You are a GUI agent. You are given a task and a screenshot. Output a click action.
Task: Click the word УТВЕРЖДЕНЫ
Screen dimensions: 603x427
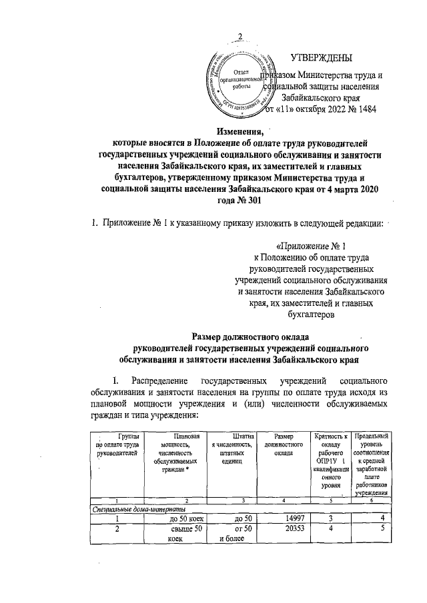pos(325,59)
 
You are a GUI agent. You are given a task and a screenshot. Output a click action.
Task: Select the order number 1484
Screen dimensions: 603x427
pos(365,110)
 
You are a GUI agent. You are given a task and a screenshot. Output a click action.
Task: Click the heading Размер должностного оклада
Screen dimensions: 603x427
pos(250,336)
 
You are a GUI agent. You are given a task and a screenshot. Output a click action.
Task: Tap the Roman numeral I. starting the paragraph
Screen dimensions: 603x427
pos(115,380)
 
